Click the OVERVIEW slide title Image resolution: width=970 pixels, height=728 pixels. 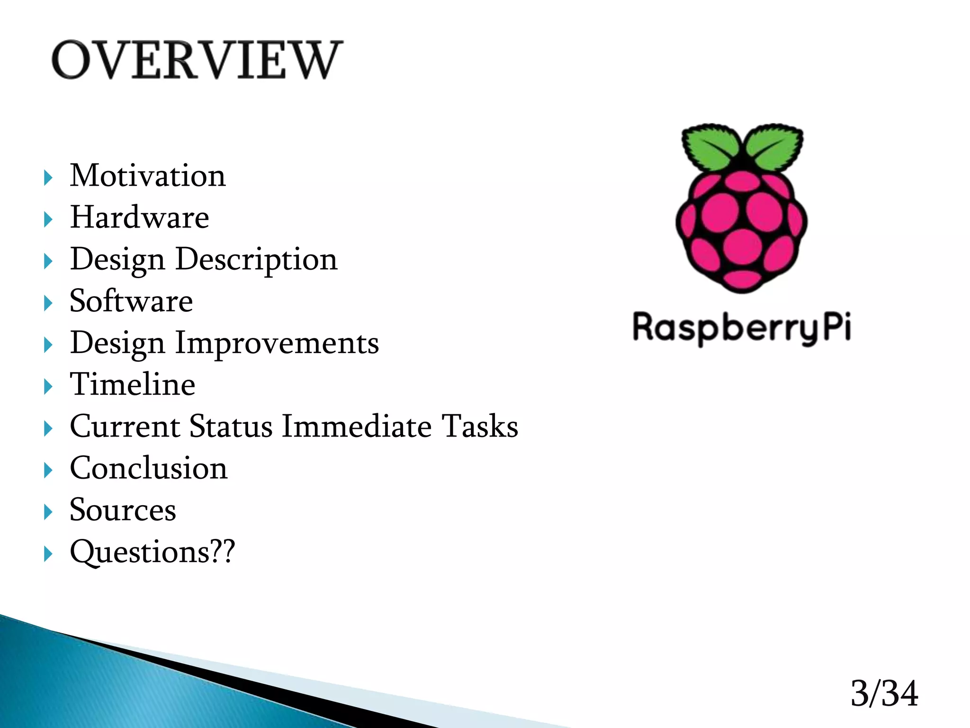click(197, 61)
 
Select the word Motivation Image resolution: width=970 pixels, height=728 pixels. click(148, 176)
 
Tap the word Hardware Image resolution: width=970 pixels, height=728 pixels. click(139, 218)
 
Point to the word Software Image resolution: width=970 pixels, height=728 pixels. click(131, 301)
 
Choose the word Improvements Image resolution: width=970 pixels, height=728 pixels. click(277, 343)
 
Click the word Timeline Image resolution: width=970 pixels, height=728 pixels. click(132, 384)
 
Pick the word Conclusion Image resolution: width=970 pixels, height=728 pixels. click(148, 468)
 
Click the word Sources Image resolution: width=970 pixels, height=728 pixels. click(123, 510)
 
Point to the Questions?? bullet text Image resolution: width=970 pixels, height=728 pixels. click(152, 552)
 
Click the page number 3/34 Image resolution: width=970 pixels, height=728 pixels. click(884, 693)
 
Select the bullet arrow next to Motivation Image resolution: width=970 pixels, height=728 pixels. click(48, 178)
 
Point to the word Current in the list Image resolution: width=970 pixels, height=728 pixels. click(125, 426)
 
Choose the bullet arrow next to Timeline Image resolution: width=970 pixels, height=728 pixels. click(48, 387)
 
